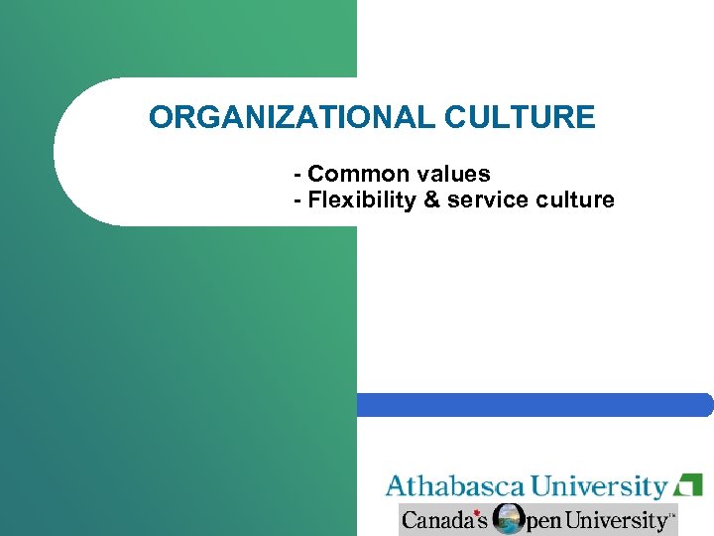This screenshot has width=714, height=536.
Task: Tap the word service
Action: [x=482, y=200]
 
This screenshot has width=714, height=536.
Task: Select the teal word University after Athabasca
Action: [x=599, y=486]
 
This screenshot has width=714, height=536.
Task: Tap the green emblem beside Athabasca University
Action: [x=687, y=486]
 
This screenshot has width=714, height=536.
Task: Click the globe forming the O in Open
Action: [x=509, y=519]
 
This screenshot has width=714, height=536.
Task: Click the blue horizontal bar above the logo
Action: [x=535, y=404]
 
